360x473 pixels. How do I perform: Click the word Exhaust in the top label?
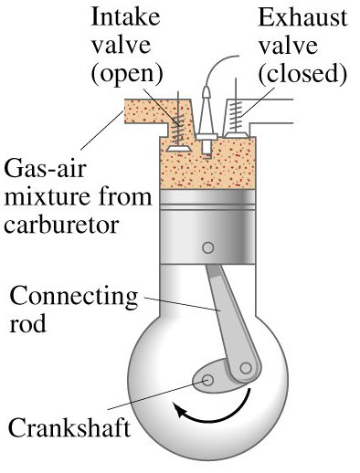[293, 19]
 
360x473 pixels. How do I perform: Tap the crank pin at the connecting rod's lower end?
[244, 370]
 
